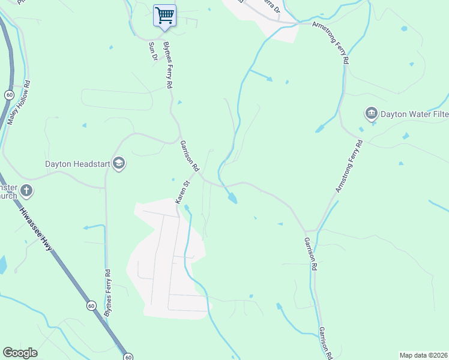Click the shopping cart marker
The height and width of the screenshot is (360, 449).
click(x=164, y=15)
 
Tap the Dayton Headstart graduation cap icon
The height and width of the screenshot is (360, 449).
click(x=119, y=164)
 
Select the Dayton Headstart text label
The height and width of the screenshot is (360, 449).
click(x=78, y=164)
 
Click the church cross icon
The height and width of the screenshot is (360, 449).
click(x=26, y=191)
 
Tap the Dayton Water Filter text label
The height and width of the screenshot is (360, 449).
click(x=414, y=113)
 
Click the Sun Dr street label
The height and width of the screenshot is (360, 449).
click(x=153, y=51)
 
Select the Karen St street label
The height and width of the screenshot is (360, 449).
click(x=182, y=190)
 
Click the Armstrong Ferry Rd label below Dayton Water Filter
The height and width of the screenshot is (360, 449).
click(x=349, y=166)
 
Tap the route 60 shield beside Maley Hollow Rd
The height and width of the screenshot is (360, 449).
click(x=9, y=95)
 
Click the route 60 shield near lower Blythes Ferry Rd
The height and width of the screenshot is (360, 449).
click(x=90, y=305)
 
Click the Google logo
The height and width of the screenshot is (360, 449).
click(x=20, y=353)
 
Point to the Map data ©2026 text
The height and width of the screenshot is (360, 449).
click(x=423, y=355)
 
